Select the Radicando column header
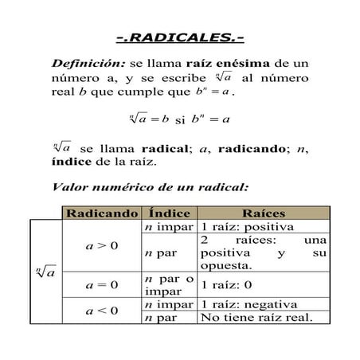coord(102,213)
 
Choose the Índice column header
coord(170,213)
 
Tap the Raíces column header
coord(263,213)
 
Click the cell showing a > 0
coord(102,245)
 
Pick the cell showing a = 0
coord(102,284)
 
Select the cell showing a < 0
coord(102,311)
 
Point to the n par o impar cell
coord(170,284)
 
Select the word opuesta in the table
coord(227,265)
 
